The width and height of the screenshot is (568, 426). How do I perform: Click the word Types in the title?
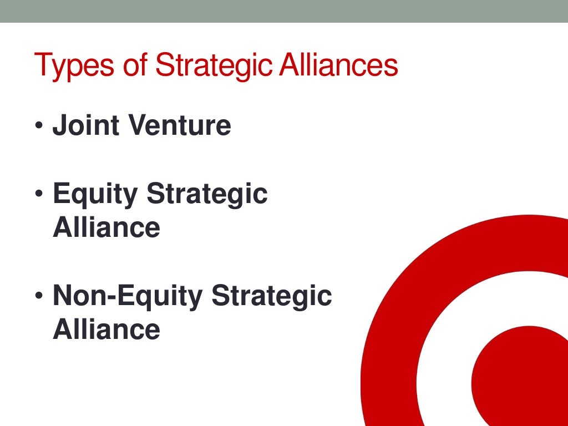click(x=69, y=65)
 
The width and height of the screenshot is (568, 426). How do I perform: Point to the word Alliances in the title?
click(x=338, y=64)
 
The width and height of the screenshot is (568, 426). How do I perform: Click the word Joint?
click(x=85, y=125)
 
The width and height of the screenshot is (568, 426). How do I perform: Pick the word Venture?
click(x=179, y=125)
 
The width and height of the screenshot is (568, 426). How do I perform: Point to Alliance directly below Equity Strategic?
click(x=106, y=227)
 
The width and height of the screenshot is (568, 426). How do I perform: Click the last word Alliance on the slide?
click(x=106, y=329)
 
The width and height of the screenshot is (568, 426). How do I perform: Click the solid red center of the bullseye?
click(x=521, y=377)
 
